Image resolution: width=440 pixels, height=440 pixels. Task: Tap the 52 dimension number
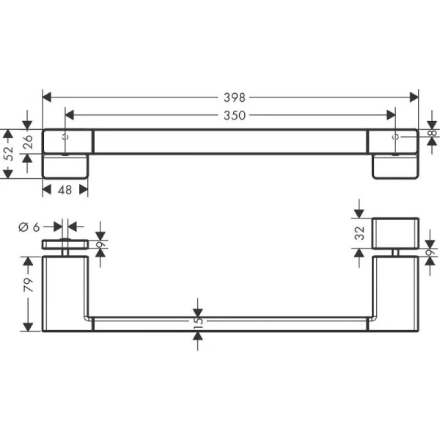(x=10, y=153)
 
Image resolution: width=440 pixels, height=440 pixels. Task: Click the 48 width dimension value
(x=65, y=190)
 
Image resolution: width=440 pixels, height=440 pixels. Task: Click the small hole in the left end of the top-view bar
(x=66, y=136)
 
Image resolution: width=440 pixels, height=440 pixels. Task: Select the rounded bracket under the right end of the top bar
(x=395, y=166)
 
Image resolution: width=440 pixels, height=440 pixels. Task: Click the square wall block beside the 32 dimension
(x=395, y=233)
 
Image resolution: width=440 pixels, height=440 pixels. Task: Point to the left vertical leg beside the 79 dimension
(x=66, y=293)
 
